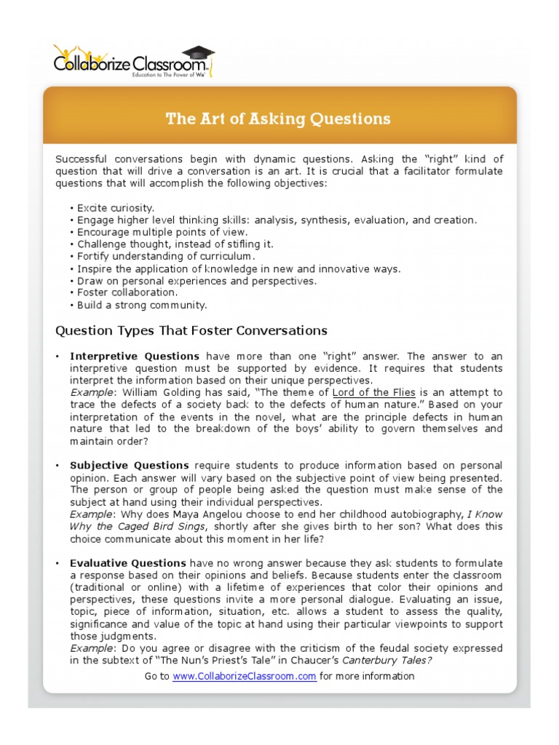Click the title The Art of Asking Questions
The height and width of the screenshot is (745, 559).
278,119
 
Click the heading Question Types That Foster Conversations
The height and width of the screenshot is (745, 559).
191,330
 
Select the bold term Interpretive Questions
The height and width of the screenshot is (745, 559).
135,356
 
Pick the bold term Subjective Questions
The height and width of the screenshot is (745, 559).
130,465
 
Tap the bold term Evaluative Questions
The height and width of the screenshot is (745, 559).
128,562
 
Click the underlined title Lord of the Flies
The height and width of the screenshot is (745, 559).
374,392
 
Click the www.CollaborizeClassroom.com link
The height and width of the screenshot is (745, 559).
244,676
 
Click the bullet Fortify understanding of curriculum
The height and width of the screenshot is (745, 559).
166,256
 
